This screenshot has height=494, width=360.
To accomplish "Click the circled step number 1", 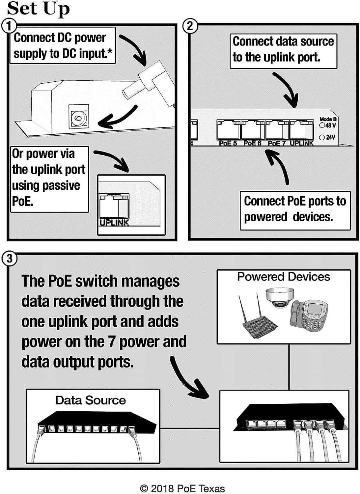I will [x=9, y=26].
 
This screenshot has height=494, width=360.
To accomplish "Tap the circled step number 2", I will [x=190, y=26].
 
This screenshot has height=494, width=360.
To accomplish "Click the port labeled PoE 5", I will [x=228, y=130].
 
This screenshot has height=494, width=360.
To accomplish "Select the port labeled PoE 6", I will [x=252, y=130].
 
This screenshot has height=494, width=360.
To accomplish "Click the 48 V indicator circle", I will [x=322, y=125].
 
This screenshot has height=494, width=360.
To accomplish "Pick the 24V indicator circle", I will [x=322, y=137].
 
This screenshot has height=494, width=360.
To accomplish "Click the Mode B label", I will [x=328, y=119].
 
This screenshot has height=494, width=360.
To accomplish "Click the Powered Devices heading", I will [x=283, y=277].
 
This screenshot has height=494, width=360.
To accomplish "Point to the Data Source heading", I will [x=90, y=400].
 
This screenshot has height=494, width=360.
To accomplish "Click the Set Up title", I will [x=38, y=9].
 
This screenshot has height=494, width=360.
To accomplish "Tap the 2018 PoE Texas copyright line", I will [x=182, y=488].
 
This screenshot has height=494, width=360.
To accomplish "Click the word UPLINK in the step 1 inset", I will [x=114, y=222].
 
